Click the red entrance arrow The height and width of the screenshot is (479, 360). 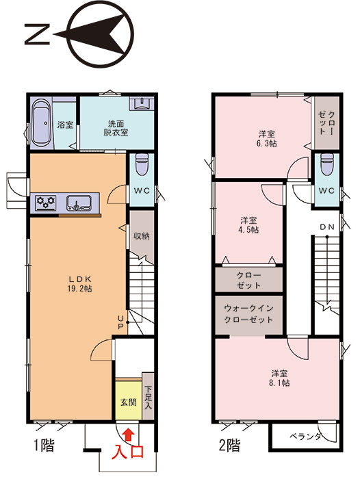click(129, 434)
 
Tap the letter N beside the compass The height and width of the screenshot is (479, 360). click(37, 34)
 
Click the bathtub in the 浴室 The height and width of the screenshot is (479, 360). click(41, 123)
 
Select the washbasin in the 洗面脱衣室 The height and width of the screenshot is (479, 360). click(140, 103)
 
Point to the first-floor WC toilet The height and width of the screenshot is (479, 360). click(142, 164)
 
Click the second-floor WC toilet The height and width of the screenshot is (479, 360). click(326, 164)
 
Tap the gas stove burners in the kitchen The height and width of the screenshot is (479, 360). click(46, 202)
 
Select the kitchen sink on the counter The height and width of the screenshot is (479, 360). click(79, 203)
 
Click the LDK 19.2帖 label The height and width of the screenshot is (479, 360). click(80, 283)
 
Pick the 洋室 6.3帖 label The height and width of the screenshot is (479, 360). click(267, 138)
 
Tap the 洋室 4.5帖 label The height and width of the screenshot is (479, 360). click(248, 225)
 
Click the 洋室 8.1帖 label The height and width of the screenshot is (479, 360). click(279, 378)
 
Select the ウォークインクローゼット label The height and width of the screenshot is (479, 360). click(248, 313)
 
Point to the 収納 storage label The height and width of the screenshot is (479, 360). click(142, 236)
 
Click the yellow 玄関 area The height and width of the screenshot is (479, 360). click(129, 400)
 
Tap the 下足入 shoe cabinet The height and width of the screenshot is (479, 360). click(149, 396)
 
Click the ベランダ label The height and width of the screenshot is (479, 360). click(306, 437)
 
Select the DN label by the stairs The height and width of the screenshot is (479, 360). click(327, 227)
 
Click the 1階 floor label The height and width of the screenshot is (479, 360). click(44, 445)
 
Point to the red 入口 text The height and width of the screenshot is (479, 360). click(128, 452)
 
